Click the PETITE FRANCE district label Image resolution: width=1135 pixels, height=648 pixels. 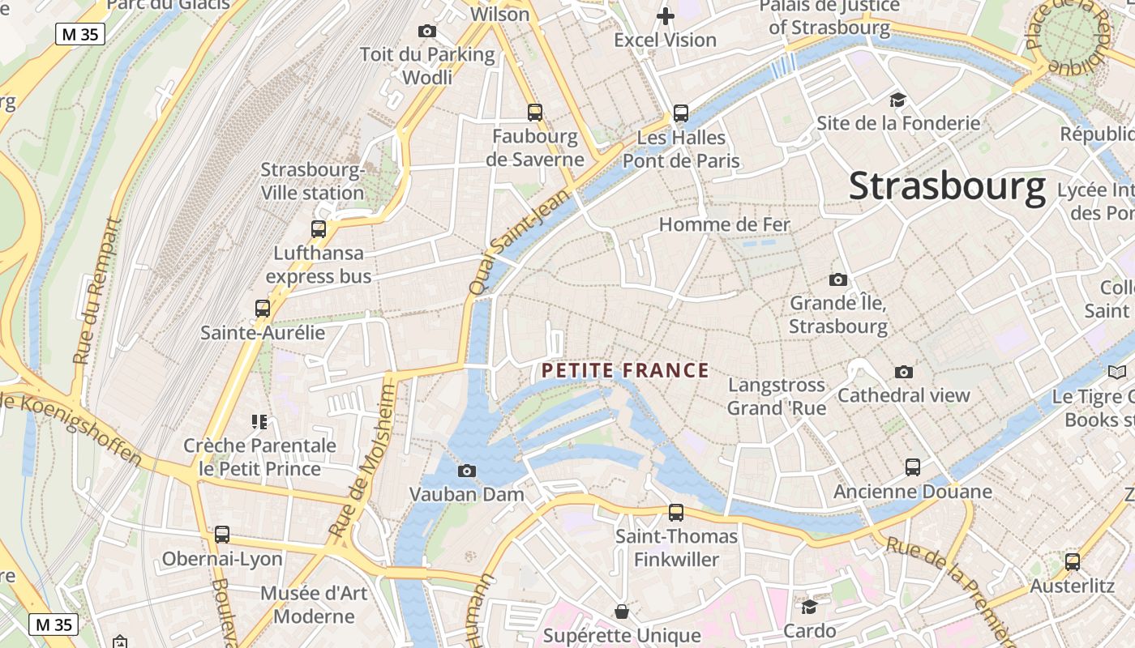click(625, 371)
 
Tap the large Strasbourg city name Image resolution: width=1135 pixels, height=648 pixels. click(947, 186)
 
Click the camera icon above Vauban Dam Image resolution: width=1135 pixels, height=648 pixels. click(467, 471)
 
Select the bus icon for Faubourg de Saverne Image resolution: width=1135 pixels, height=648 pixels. click(534, 113)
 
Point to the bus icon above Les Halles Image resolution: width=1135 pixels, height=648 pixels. click(681, 113)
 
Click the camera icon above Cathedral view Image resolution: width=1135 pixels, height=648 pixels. click(903, 372)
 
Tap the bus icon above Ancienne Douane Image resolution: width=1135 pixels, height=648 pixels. click(913, 467)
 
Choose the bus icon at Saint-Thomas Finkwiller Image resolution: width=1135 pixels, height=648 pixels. click(676, 513)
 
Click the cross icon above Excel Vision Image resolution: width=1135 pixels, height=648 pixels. click(666, 16)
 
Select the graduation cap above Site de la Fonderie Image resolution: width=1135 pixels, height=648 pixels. click(897, 100)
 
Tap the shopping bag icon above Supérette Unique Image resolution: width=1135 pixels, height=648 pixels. click(622, 612)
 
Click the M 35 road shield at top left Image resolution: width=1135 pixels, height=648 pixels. click(80, 34)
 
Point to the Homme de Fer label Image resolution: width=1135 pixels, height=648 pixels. click(724, 224)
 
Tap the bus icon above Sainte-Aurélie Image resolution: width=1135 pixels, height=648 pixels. click(262, 309)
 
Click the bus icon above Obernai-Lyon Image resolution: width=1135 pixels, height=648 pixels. click(222, 535)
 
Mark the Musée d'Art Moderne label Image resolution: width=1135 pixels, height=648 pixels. click(314, 604)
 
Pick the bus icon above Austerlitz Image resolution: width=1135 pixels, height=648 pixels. click(1073, 562)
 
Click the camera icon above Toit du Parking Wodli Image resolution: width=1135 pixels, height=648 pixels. click(427, 32)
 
